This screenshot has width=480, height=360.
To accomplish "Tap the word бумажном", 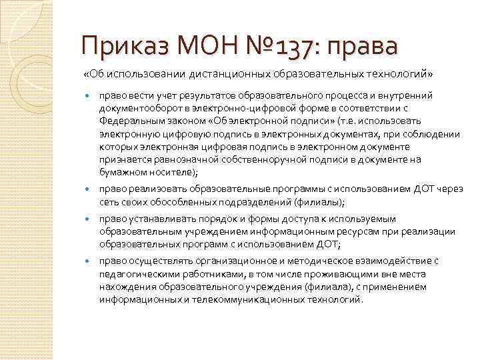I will (x=120, y=171).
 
